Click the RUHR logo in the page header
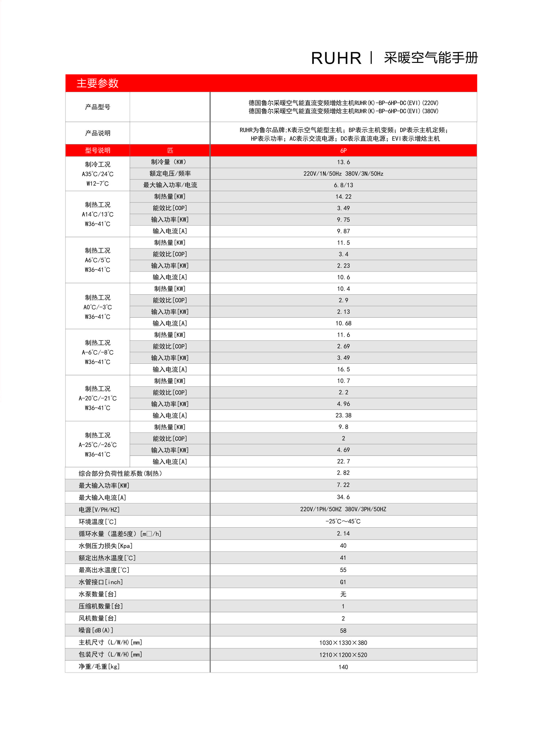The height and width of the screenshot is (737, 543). coord(336,58)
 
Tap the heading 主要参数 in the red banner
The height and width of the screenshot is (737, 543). coord(97,83)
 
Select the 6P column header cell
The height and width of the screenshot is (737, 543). coord(343,151)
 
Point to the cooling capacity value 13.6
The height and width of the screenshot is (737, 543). coord(343,162)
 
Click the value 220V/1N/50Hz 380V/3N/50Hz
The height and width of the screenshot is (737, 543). coord(343,174)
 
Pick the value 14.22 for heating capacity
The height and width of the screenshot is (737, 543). coord(343,197)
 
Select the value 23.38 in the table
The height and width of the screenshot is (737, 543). coord(343,415)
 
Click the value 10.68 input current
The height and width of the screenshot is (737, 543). coord(343,323)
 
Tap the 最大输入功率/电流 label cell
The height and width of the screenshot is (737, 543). coord(170,185)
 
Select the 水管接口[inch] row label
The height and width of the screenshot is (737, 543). coord(101,582)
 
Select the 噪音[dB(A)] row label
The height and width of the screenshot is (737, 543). coord(96,630)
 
